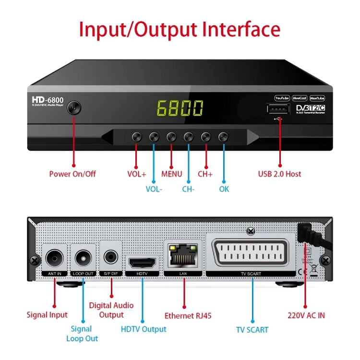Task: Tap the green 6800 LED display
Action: click(180, 108)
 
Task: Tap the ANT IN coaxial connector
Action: click(54, 258)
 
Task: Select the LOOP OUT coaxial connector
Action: click(84, 258)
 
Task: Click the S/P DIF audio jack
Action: click(112, 257)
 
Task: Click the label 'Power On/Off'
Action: click(72, 174)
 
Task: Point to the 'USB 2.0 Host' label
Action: click(280, 174)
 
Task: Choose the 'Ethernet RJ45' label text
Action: click(188, 315)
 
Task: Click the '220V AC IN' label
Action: click(306, 315)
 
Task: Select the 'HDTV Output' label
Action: click(144, 329)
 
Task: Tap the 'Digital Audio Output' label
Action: click(111, 310)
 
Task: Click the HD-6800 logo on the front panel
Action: click(48, 99)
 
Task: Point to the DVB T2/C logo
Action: click(310, 108)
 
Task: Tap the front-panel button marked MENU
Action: click(171, 137)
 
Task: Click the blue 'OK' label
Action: click(224, 189)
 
